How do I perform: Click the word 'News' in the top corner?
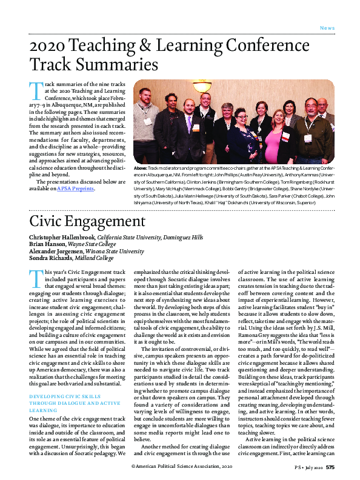327,28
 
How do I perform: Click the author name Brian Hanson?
48,244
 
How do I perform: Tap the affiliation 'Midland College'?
96,258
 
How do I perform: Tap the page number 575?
329,467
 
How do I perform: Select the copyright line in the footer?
181,467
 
